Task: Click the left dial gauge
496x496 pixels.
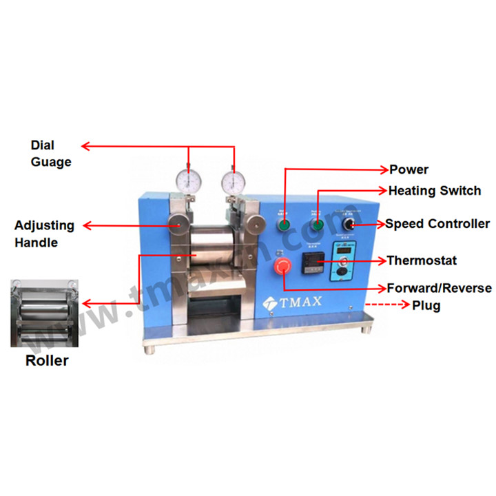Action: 187,181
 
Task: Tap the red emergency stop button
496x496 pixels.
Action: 282,266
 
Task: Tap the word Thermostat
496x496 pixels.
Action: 422,260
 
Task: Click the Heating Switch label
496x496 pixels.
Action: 434,191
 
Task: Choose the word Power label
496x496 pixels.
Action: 409,169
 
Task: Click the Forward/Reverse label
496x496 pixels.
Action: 439,288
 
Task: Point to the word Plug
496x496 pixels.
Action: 426,305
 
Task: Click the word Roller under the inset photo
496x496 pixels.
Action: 47,360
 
